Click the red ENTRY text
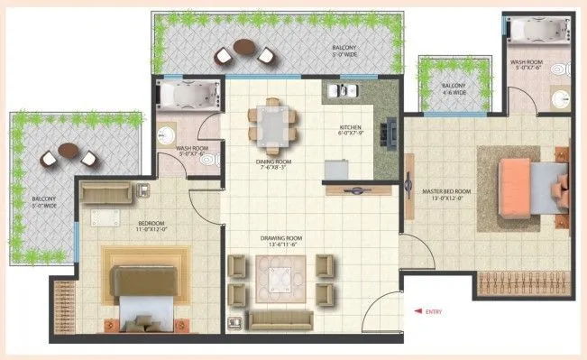(x=435, y=311)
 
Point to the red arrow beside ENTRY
(x=417, y=311)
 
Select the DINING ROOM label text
(x=272, y=164)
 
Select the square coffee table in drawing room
(x=280, y=275)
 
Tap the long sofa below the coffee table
(x=280, y=318)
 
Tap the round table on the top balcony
(x=243, y=47)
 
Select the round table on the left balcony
(x=69, y=150)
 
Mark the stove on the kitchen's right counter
(x=389, y=136)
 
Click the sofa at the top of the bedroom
(x=104, y=191)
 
